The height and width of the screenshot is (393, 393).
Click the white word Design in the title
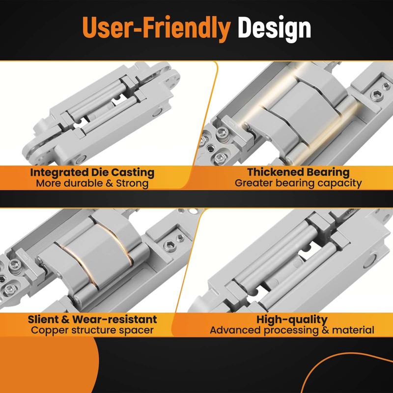275,29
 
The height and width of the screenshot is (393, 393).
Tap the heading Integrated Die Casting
92,172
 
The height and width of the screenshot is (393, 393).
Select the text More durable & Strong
92,183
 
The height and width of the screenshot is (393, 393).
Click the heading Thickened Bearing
298,172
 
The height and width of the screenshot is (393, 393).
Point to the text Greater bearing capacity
298,183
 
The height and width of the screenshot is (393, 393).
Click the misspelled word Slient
43,319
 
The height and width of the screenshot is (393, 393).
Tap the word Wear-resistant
114,319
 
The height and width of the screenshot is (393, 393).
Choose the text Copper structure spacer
92,330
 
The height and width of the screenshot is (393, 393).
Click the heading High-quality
292,320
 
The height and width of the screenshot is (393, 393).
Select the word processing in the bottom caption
291,330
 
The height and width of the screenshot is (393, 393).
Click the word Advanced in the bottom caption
236,330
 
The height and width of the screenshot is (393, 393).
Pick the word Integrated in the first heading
58,173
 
